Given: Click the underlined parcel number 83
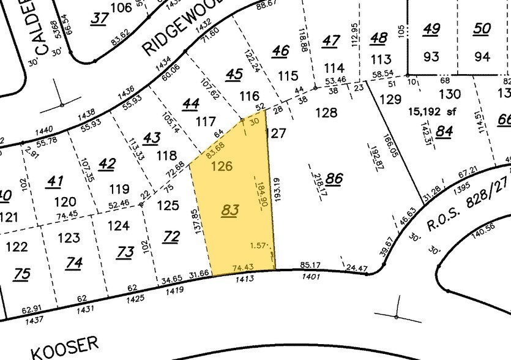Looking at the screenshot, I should (x=229, y=210).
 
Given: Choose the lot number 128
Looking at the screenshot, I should (x=326, y=113).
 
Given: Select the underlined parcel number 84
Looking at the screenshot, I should (x=444, y=130).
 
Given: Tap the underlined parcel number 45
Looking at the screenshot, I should (x=234, y=74).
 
